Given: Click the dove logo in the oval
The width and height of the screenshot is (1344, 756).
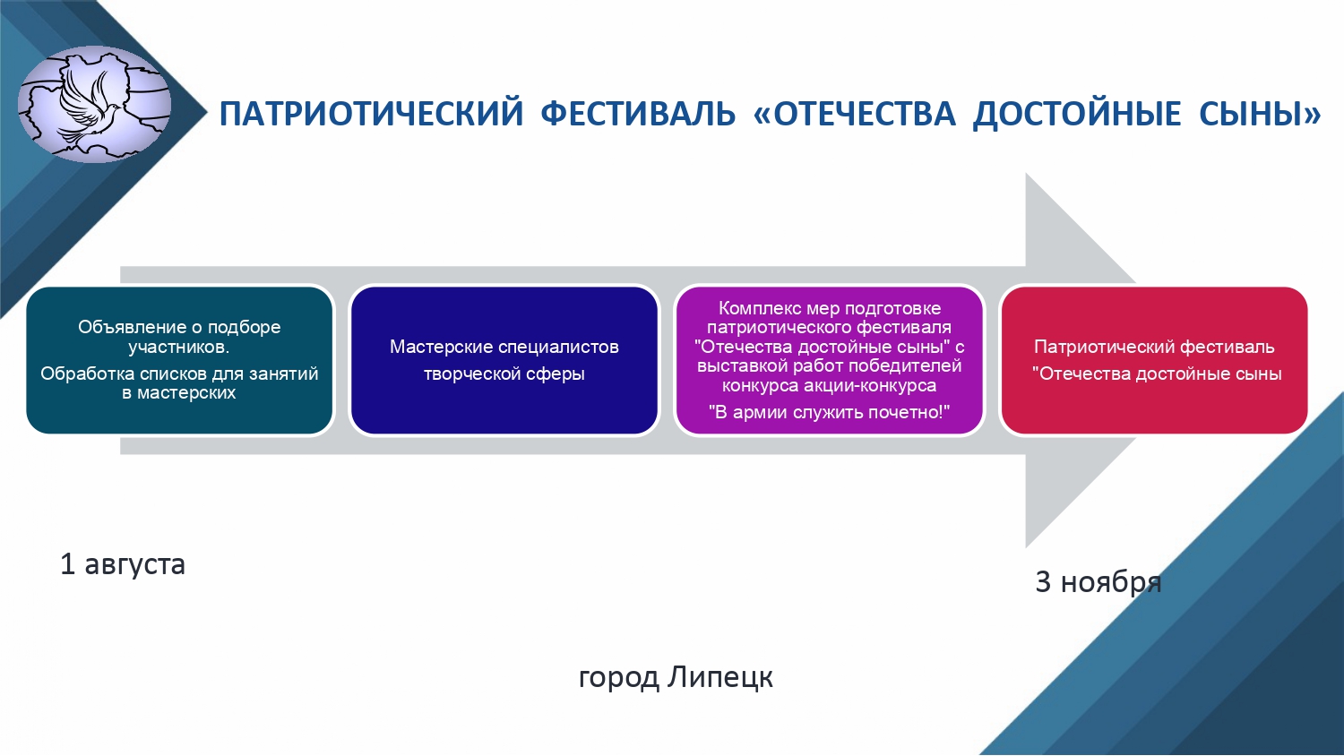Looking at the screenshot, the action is [94, 105].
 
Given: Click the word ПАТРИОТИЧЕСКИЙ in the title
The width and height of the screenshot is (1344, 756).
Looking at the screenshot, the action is [372, 114].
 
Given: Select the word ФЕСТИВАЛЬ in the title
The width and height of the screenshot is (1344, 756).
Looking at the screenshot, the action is [638, 114].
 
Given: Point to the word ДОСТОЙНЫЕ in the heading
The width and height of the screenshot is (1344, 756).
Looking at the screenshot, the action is [1077, 115].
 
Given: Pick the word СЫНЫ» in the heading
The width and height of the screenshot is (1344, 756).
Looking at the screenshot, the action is [1260, 114].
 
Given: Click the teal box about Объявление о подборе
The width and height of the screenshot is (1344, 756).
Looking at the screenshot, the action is [179, 360].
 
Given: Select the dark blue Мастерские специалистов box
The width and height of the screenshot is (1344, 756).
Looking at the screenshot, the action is [504, 360].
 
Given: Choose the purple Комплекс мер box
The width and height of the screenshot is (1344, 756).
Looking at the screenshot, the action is [829, 360].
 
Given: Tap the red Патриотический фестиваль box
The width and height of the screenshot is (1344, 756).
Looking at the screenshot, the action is [1154, 360].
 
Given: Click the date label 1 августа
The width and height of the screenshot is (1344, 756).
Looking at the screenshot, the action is [123, 564].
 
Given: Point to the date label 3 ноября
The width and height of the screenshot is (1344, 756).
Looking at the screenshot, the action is [1098, 582].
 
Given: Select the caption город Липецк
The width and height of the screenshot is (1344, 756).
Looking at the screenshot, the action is [676, 677].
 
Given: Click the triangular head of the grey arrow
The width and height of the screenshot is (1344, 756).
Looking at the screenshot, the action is [1074, 360].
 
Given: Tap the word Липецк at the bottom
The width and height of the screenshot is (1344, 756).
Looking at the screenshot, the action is [720, 677].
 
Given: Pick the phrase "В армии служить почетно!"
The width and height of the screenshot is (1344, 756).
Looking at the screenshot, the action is [829, 412].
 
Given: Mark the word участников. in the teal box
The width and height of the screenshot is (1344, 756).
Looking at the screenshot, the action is [179, 348].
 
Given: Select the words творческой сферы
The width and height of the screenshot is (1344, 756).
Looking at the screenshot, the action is [504, 374].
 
